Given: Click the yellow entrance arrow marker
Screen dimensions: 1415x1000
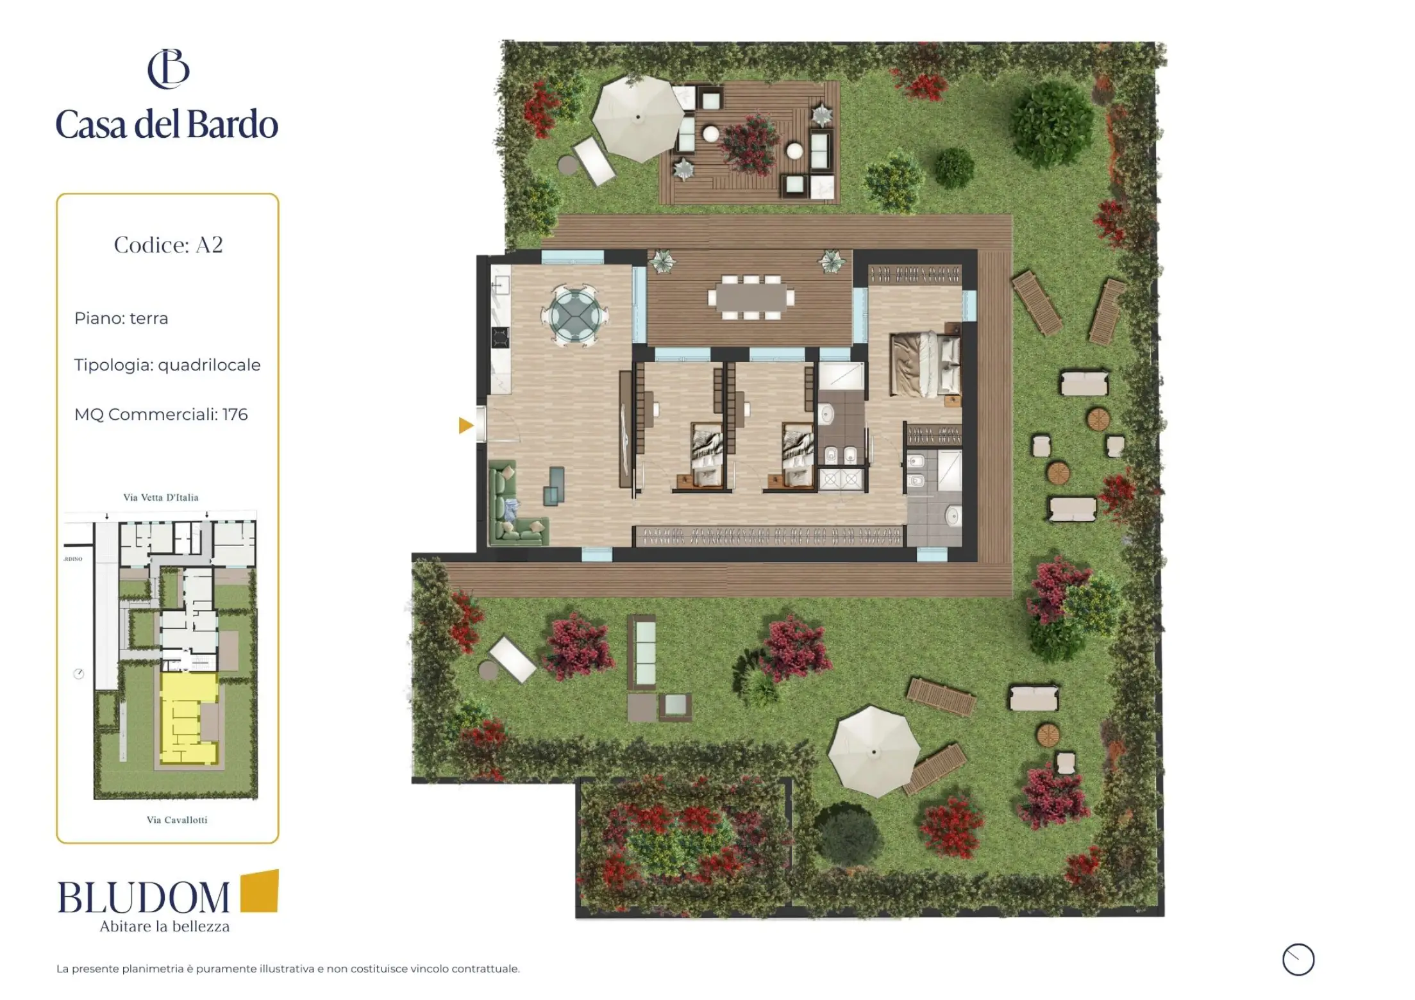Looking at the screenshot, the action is (x=465, y=425).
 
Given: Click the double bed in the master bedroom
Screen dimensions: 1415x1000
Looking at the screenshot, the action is (x=925, y=363).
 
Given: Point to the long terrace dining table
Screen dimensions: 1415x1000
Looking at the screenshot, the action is (x=749, y=297).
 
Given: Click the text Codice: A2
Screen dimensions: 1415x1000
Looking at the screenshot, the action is (x=168, y=245).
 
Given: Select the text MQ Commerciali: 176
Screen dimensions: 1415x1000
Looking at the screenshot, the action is (x=161, y=415).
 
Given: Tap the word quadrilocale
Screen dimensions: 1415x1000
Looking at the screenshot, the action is (x=209, y=365).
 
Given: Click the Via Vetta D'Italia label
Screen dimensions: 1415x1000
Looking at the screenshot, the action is (x=161, y=497).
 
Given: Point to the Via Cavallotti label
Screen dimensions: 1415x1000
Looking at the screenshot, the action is (x=177, y=820).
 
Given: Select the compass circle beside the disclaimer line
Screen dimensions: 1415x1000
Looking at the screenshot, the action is (x=1298, y=960).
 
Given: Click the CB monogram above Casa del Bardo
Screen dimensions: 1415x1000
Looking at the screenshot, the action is (x=169, y=69).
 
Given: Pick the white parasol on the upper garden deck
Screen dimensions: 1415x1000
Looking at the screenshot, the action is (x=637, y=118).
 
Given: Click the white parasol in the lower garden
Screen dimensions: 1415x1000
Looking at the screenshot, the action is (x=873, y=751).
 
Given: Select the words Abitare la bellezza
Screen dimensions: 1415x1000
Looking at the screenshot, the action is (x=165, y=926).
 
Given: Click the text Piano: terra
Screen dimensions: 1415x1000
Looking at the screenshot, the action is (x=121, y=319).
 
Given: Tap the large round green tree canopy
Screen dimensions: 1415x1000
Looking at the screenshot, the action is (x=1052, y=124).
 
